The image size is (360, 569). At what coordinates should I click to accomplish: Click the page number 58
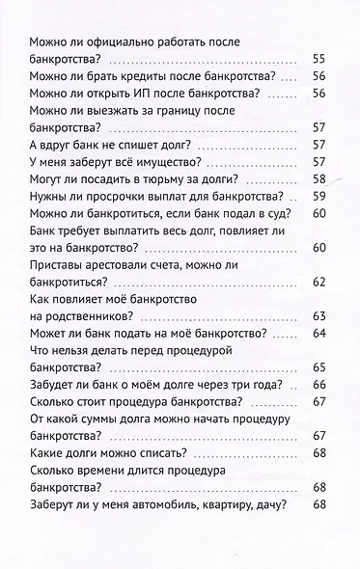320,179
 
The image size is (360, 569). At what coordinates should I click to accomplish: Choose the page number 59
320,198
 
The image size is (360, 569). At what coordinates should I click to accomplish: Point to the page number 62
320,284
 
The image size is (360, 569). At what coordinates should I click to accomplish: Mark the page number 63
320,316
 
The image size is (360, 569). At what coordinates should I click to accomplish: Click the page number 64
320,334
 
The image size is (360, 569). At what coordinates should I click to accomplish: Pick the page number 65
320,367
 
